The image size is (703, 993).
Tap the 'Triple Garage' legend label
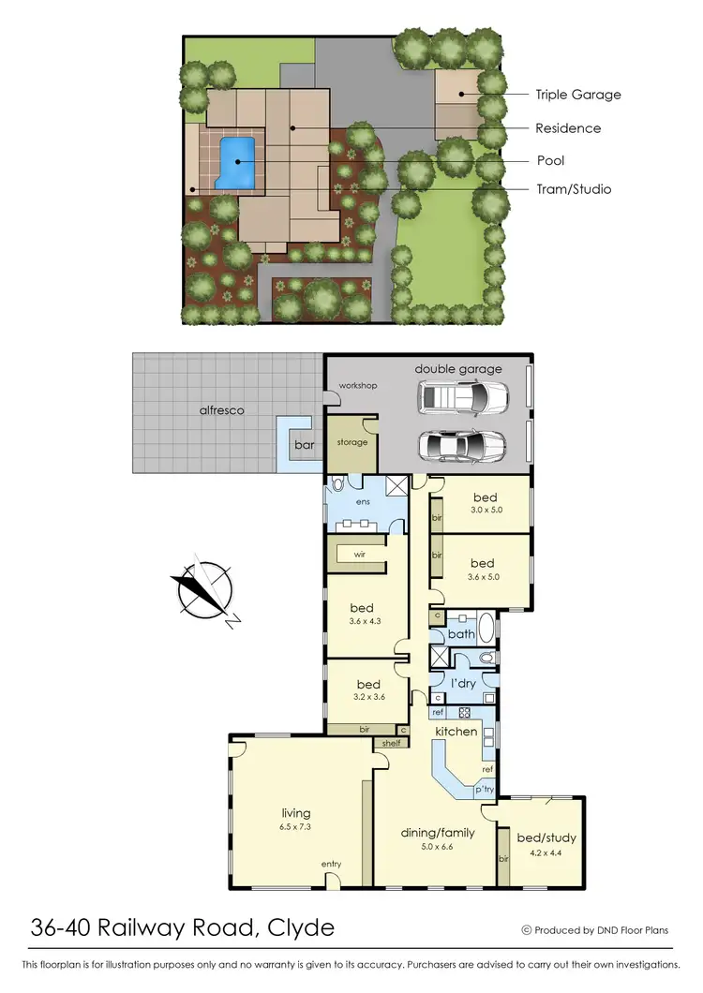[577, 95]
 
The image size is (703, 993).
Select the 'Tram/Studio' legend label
[573, 189]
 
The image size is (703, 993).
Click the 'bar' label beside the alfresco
[305, 445]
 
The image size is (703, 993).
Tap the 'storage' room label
[352, 443]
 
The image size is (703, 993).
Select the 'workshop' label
[358, 386]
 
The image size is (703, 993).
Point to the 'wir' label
[359, 554]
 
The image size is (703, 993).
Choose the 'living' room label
[296, 813]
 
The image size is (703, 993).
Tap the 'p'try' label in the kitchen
[484, 791]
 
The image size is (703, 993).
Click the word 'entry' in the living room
[331, 864]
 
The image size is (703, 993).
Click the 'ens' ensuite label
[363, 503]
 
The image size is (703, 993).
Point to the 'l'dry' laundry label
[463, 683]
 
